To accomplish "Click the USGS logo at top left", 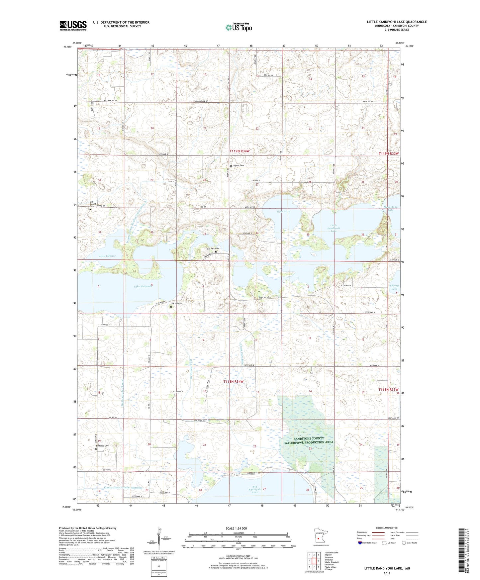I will point(73,26).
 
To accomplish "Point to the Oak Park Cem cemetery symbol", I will point(216,252).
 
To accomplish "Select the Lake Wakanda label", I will point(143,287).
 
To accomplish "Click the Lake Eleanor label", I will point(107,256).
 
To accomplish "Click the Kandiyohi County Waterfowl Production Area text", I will point(309,440).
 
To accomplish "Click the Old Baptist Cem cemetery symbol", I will point(90,210).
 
